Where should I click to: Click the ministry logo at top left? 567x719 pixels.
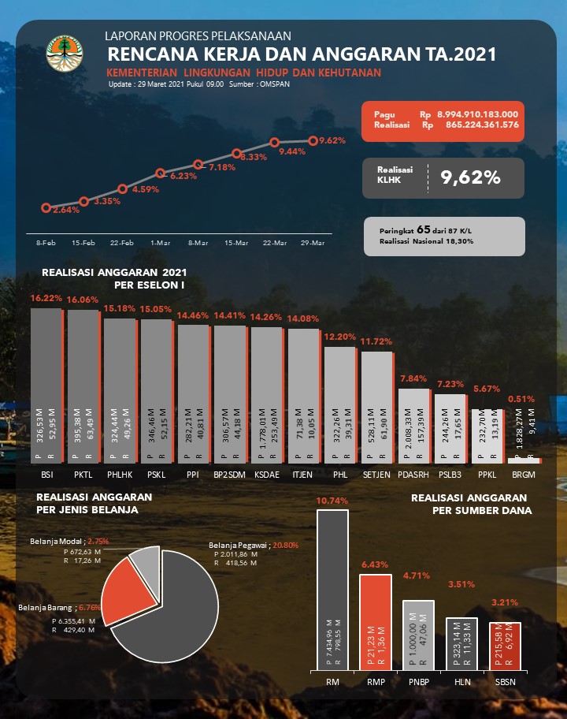tap(62, 52)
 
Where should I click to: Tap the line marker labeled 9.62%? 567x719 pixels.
tap(313, 141)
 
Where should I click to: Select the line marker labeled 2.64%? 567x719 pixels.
tap(46, 208)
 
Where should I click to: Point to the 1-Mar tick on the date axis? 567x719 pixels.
tap(160, 243)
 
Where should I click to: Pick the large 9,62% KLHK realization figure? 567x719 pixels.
tap(471, 177)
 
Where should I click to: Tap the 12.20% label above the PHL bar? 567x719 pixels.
tap(339, 337)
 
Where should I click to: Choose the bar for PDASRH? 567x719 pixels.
tap(413, 425)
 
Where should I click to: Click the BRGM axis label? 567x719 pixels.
tap(523, 475)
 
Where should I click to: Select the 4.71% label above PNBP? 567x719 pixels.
tap(417, 576)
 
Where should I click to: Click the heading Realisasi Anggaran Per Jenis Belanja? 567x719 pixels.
tap(94, 503)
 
